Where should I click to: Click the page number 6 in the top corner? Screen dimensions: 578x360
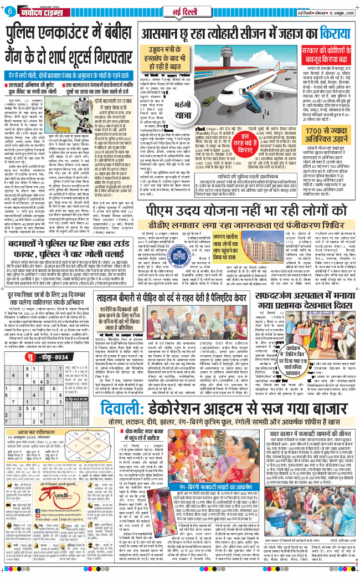[12, 12]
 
